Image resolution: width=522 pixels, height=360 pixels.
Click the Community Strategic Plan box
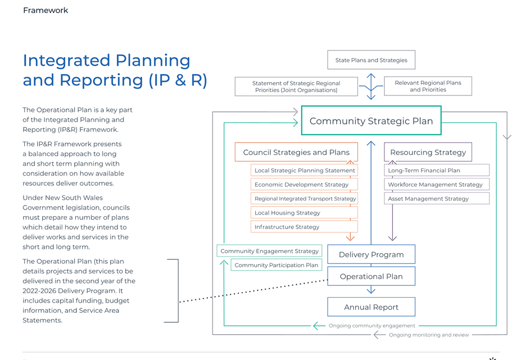(371, 120)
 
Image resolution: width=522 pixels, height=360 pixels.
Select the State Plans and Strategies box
(371, 60)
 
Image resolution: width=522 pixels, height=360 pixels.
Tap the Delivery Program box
(371, 254)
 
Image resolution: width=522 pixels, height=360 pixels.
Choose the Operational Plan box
(371, 276)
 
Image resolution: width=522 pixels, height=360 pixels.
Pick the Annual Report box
(371, 307)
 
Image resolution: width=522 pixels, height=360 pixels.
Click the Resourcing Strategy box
(428, 152)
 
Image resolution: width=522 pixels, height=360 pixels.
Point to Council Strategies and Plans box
(296, 152)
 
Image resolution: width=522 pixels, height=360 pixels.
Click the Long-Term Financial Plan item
(437, 170)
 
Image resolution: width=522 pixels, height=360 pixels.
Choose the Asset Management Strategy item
(437, 198)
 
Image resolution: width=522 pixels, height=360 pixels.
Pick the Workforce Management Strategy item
(437, 184)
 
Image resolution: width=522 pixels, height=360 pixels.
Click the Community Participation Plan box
(276, 265)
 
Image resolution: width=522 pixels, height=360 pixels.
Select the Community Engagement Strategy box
(269, 251)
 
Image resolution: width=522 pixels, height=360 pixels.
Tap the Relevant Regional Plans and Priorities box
(428, 86)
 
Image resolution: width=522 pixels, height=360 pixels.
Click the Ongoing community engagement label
(372, 325)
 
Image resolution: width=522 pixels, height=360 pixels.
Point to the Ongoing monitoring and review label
(429, 335)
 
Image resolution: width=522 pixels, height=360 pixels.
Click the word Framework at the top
(46, 10)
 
